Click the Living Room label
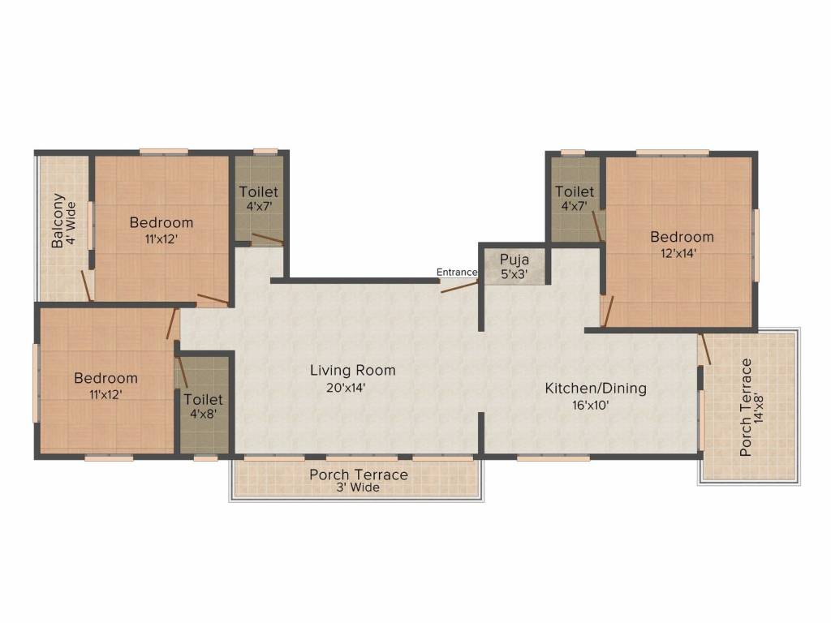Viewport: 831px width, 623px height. click(352, 371)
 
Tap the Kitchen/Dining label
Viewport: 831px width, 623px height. click(595, 389)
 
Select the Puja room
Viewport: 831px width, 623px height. click(515, 265)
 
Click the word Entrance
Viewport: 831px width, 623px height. click(456, 272)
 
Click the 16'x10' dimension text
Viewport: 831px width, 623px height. click(595, 405)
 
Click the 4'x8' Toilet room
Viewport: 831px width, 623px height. click(203, 406)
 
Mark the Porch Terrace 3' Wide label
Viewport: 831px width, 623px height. click(358, 480)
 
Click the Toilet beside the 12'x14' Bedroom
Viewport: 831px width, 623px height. click(575, 198)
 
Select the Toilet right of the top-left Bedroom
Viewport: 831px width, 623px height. click(258, 198)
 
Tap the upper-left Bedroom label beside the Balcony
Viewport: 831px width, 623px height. click(161, 222)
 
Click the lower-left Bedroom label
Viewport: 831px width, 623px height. click(105, 378)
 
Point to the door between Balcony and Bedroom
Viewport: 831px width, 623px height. click(86, 285)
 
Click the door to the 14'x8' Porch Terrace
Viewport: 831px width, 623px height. click(705, 348)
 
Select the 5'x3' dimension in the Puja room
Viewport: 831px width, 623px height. click(515, 274)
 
